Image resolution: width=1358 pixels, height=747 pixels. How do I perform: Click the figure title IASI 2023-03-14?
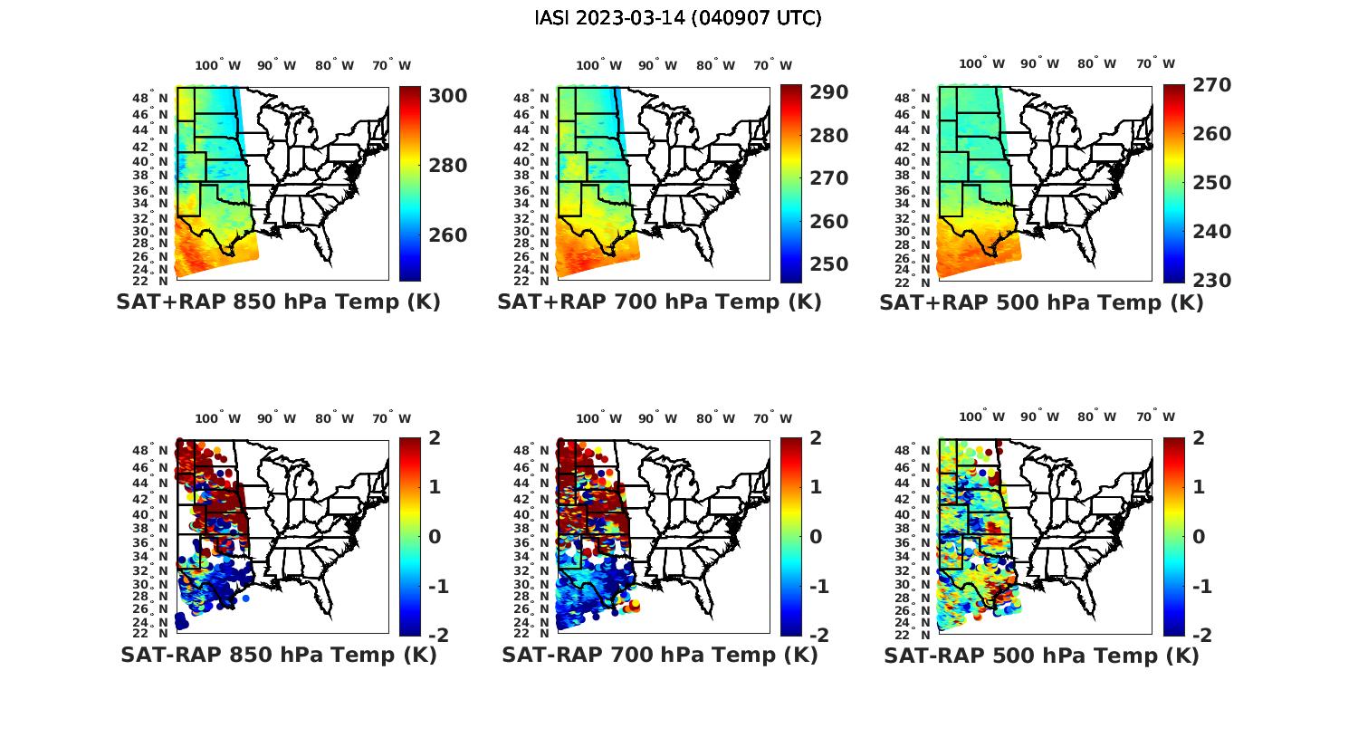(x=678, y=18)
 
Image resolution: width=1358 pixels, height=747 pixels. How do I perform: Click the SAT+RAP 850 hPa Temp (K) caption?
(x=278, y=302)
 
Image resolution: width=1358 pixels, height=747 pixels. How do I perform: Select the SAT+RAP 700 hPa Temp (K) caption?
(x=659, y=302)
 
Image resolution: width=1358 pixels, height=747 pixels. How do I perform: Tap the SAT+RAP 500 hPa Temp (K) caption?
(x=1041, y=302)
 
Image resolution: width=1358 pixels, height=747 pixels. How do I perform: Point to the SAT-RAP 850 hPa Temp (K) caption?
(x=278, y=655)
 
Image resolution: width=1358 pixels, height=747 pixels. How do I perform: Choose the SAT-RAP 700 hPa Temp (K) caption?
(x=659, y=655)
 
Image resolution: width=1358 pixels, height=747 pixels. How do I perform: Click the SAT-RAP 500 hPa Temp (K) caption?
(x=1041, y=655)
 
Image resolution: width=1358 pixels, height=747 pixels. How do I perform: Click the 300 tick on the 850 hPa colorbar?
(x=447, y=96)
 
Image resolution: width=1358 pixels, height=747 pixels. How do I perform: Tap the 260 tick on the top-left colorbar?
(x=447, y=235)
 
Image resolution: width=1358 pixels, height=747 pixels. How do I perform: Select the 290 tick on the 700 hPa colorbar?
(x=828, y=92)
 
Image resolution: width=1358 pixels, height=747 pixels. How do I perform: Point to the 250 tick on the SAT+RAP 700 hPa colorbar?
(x=828, y=264)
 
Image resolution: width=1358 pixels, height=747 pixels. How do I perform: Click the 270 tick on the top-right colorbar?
(x=1211, y=85)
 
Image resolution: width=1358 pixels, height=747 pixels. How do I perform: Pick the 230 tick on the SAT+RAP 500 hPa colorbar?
(x=1211, y=281)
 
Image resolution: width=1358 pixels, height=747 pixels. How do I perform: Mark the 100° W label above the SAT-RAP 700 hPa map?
(x=598, y=418)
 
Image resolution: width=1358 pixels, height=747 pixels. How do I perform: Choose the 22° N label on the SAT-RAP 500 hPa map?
(x=914, y=633)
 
